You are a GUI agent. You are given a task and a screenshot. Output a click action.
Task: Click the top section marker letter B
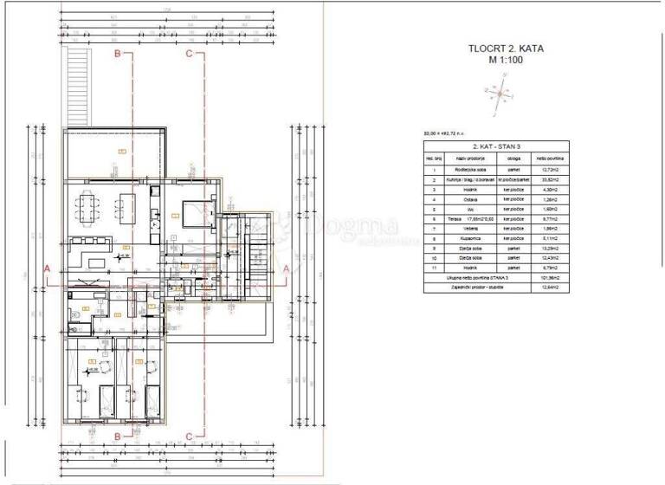coord(118,54)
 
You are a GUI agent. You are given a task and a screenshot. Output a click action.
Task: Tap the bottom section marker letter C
coord(190,436)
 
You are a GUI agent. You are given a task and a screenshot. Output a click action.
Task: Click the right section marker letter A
coord(287,269)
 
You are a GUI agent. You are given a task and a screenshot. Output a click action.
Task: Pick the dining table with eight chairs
coord(90,207)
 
